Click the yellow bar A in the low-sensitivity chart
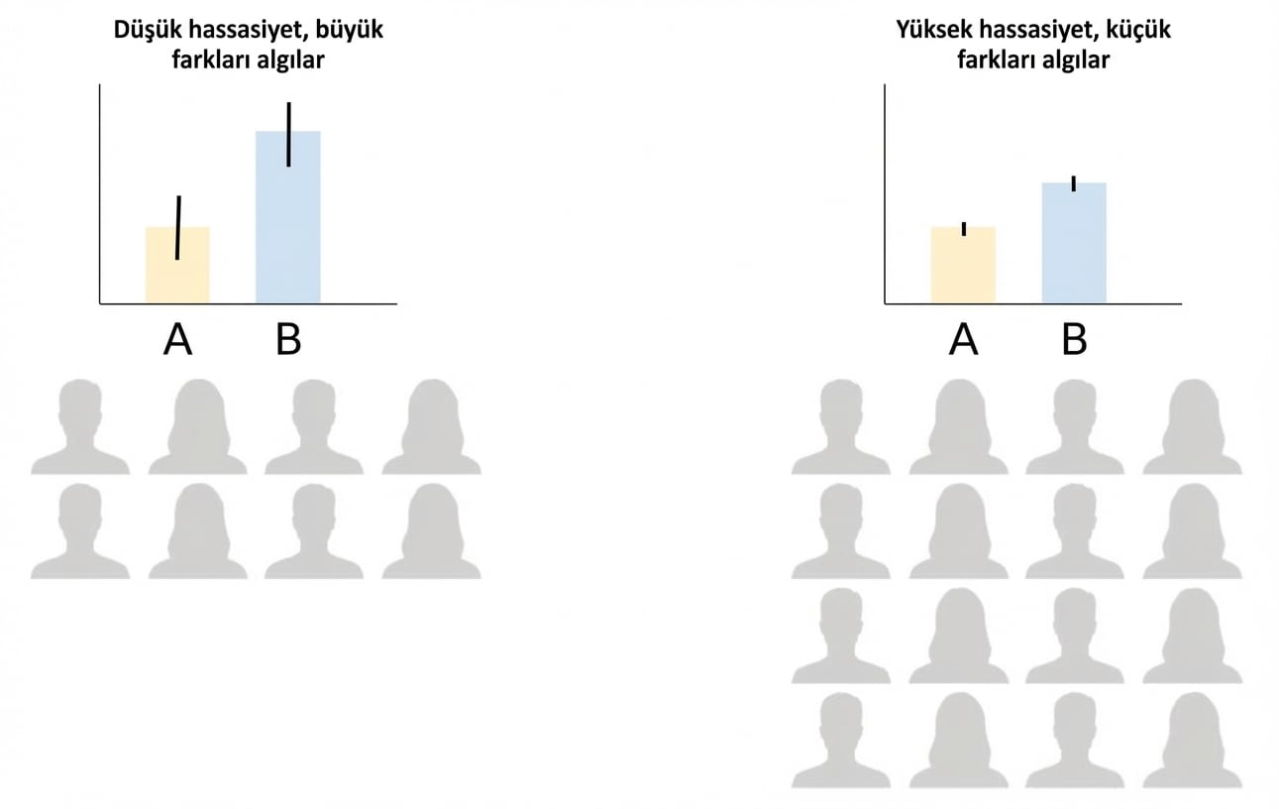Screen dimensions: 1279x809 (177, 265)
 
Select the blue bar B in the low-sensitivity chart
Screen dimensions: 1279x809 (288, 217)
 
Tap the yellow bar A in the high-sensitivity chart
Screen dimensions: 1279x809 (963, 265)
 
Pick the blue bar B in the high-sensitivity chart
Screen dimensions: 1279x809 (1074, 243)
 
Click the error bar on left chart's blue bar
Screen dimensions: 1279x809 (289, 134)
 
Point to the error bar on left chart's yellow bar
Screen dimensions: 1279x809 (178, 228)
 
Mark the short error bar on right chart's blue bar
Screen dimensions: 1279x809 (1074, 184)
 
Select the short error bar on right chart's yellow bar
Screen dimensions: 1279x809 (964, 229)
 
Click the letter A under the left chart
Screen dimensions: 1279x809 (177, 340)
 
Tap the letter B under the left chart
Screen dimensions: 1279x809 (288, 340)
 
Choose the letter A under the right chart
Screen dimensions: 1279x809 (963, 340)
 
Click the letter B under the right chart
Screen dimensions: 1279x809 (1074, 340)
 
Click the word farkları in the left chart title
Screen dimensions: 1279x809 (211, 60)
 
